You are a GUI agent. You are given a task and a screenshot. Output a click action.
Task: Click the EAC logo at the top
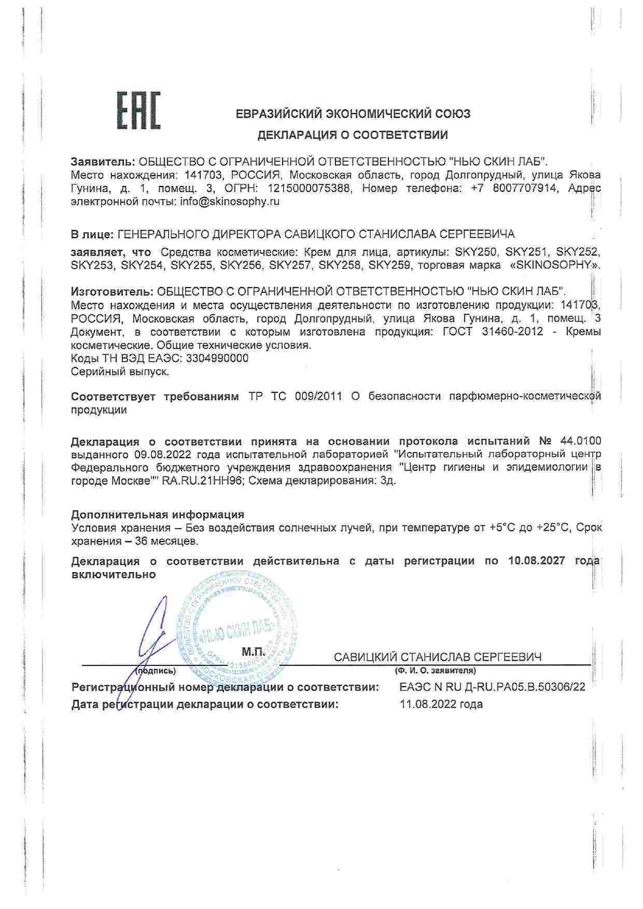(138, 110)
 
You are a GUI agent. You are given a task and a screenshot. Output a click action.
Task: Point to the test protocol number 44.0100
(581, 442)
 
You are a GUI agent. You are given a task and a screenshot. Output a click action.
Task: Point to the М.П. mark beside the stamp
(253, 651)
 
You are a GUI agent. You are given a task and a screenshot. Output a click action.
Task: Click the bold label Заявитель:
(103, 161)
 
